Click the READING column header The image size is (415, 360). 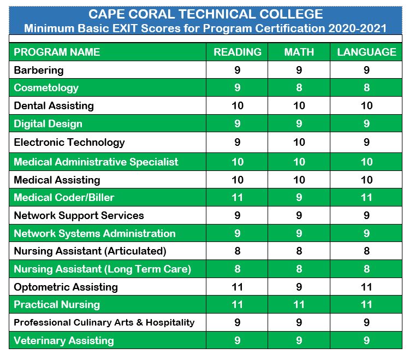pyautogui.click(x=237, y=52)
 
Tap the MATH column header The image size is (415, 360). pyautogui.click(x=299, y=52)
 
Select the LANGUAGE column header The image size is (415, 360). pyautogui.click(x=366, y=52)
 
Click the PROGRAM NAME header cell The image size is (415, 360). pyautogui.click(x=57, y=52)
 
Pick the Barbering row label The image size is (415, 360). pyautogui.click(x=39, y=70)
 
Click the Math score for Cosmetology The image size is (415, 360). pyautogui.click(x=299, y=88)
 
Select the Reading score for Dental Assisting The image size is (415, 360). pyautogui.click(x=237, y=106)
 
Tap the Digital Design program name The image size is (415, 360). pyautogui.click(x=48, y=124)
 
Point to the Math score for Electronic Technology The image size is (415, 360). pyautogui.click(x=299, y=143)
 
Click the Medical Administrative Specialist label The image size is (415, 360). pyautogui.click(x=96, y=162)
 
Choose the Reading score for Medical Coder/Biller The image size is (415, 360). pyautogui.click(x=237, y=198)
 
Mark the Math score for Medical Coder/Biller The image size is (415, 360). pyautogui.click(x=299, y=198)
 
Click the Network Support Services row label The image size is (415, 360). pyautogui.click(x=79, y=215)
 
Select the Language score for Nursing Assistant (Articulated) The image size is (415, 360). pyautogui.click(x=366, y=251)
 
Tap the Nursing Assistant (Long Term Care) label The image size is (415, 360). pyautogui.click(x=102, y=269)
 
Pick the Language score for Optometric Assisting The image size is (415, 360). pyautogui.click(x=366, y=287)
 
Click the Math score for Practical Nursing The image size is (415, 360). pyautogui.click(x=299, y=305)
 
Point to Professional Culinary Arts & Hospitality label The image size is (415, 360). pyautogui.click(x=104, y=322)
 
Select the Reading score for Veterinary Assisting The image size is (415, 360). pyautogui.click(x=237, y=340)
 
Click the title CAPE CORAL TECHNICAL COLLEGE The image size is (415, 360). pyautogui.click(x=206, y=15)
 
